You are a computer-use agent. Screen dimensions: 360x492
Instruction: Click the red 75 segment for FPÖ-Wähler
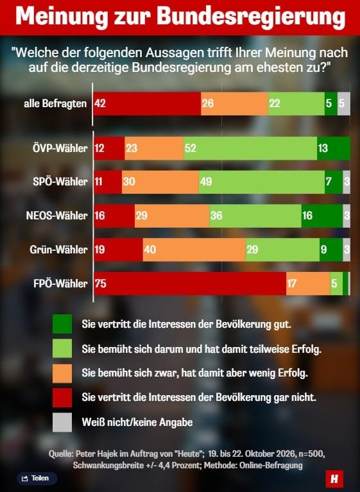[x=190, y=284]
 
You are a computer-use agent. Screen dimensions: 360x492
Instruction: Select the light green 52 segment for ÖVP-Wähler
[x=250, y=148]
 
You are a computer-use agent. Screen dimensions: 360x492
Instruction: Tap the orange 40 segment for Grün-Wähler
[x=194, y=250]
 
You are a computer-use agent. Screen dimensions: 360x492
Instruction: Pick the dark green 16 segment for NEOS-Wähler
[x=322, y=216]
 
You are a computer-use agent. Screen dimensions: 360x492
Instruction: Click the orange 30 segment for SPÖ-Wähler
[x=160, y=182]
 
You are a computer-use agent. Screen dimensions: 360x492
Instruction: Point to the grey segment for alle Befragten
[x=344, y=103]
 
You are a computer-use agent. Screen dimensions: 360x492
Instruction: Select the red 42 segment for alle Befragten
[x=147, y=103]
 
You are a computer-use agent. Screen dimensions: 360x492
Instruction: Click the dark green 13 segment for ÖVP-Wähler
[x=334, y=148]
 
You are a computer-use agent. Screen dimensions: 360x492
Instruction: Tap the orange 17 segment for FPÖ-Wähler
[x=308, y=284]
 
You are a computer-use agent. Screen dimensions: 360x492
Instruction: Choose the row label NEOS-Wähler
[x=56, y=216]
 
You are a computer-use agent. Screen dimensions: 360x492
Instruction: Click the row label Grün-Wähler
[x=58, y=250]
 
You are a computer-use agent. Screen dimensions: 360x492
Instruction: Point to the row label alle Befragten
[x=55, y=103]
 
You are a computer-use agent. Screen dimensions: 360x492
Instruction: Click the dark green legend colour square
[x=62, y=324]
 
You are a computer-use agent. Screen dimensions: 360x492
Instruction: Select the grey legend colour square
[x=62, y=422]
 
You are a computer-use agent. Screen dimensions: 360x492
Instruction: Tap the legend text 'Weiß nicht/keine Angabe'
[x=137, y=422]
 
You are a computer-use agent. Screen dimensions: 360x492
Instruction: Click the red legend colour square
[x=62, y=398]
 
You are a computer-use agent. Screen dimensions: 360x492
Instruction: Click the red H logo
[x=334, y=479]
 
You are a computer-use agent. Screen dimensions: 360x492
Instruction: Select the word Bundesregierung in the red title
[x=251, y=17]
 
